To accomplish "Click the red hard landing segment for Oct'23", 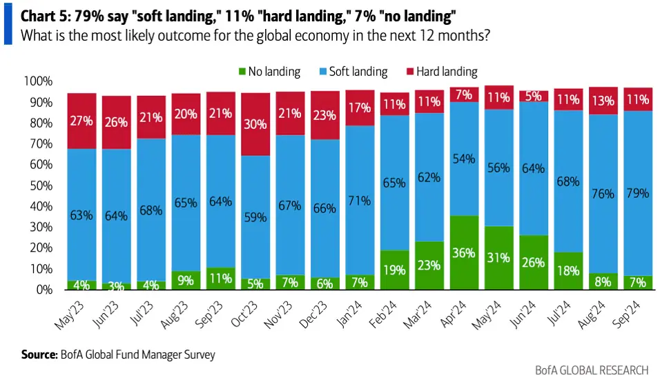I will (x=255, y=124).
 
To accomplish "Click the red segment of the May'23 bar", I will (x=81, y=121).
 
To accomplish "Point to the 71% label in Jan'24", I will (x=360, y=201).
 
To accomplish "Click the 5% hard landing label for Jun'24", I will (x=534, y=96).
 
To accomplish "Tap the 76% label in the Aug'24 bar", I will (x=603, y=194).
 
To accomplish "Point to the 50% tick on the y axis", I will (x=39, y=186).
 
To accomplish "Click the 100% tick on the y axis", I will (x=37, y=81).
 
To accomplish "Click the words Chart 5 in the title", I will (x=42, y=14).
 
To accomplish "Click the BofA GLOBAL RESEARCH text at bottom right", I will (x=591, y=370).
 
